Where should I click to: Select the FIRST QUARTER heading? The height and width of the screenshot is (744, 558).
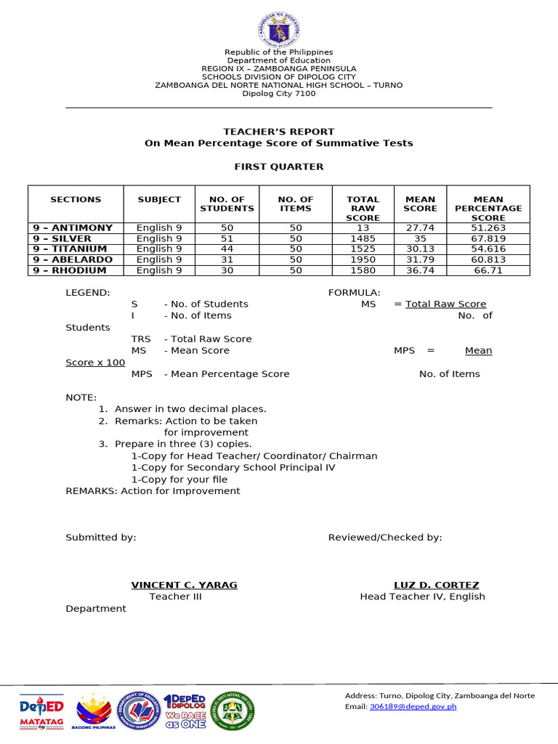coord(278,166)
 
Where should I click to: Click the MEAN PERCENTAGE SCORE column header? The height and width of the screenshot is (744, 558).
coord(488,208)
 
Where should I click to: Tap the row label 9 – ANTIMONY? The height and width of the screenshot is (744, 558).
coord(73,227)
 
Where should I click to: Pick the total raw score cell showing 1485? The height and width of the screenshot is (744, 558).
coord(363,238)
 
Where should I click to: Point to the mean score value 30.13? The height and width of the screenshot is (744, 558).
coord(420,248)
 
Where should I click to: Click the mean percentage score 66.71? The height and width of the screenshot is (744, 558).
coord(488,270)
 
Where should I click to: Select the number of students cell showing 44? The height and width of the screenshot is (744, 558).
coord(227,248)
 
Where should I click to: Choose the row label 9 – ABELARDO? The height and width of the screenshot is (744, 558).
coord(73,259)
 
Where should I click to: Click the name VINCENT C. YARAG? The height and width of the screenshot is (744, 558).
coord(184,585)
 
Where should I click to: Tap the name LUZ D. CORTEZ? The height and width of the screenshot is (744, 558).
coord(436,585)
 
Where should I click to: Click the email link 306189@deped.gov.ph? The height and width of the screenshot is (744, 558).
coord(413,706)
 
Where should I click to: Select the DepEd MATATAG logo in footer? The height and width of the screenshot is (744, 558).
coord(41,711)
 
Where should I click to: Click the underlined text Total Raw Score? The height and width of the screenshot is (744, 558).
coord(445,304)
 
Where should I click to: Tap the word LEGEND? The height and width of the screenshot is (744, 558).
coord(88,292)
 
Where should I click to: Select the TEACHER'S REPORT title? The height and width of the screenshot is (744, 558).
coord(278,132)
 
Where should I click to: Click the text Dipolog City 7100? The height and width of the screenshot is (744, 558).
coord(278,94)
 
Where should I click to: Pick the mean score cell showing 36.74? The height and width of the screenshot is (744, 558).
coord(420,270)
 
